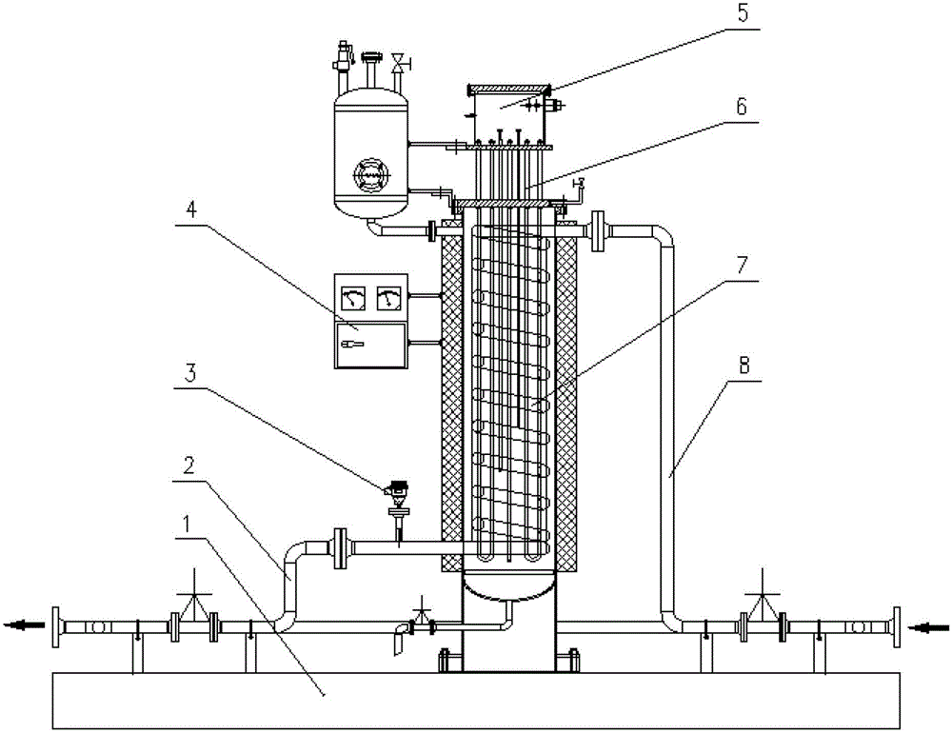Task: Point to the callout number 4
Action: coord(190,210)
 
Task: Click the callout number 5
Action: coord(744,12)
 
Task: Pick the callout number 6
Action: coord(742,107)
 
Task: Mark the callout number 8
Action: coord(744,365)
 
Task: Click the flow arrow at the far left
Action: coord(25,624)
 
